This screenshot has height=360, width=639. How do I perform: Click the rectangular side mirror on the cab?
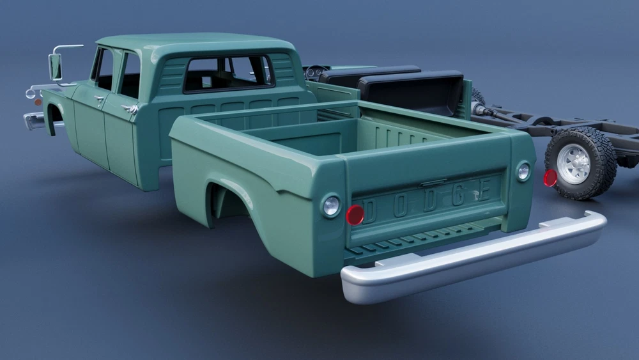55,67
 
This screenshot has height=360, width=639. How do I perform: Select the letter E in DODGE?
484,189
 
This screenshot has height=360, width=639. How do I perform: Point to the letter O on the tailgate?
400,207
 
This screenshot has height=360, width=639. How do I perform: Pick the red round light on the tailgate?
355,214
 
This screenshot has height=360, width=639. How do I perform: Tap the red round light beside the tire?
550,178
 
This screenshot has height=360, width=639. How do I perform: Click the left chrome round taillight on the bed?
331,206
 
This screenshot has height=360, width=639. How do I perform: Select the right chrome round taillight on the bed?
523,171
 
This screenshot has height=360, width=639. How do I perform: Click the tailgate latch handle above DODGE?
433,183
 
